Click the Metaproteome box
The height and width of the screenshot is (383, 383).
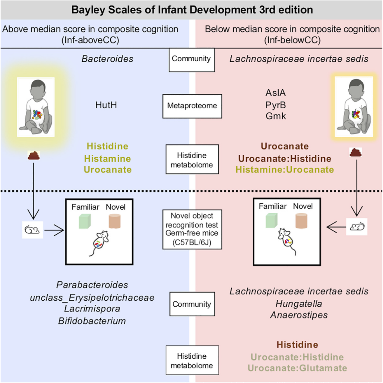[x=192, y=106]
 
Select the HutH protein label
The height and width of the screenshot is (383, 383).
[x=106, y=105]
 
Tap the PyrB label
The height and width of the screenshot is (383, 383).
[x=275, y=105]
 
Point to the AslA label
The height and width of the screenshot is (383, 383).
[x=275, y=93]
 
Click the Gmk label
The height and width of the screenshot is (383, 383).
[x=276, y=116]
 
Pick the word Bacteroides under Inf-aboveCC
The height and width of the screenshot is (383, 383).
[x=107, y=59]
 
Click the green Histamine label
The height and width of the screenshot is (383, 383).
[x=107, y=159]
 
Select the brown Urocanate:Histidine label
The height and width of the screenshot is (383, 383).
[x=285, y=159]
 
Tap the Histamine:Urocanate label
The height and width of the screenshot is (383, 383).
[x=285, y=170]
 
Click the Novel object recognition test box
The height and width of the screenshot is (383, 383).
[x=192, y=229]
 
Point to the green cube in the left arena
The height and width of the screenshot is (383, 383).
[x=85, y=221]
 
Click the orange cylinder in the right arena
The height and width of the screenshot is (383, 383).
[x=301, y=221]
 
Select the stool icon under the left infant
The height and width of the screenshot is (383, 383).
[x=34, y=155]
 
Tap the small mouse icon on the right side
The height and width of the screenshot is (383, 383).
[x=357, y=226]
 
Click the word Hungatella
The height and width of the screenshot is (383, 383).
[x=299, y=304]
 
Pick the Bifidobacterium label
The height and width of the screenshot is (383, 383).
[x=92, y=321]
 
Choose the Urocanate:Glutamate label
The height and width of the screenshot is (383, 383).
[x=297, y=368]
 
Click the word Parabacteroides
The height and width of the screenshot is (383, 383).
[x=92, y=285]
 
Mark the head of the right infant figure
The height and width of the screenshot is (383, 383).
[x=353, y=88]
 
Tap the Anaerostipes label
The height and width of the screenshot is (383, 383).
[x=299, y=315]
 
